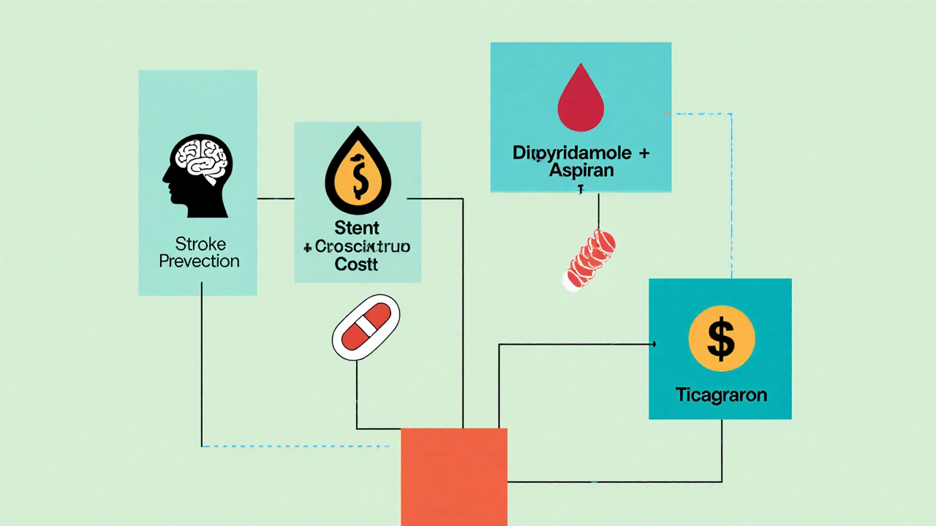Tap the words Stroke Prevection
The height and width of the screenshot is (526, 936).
(199, 252)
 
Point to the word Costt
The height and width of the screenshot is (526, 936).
(357, 264)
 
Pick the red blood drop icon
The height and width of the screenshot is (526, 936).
(581, 102)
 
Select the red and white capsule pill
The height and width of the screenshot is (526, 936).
(366, 327)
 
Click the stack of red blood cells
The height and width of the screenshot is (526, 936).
(589, 260)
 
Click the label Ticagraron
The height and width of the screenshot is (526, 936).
(720, 395)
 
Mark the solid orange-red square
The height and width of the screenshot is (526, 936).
(454, 476)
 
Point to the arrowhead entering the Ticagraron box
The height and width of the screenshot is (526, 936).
(653, 343)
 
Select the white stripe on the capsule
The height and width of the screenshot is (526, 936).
(366, 327)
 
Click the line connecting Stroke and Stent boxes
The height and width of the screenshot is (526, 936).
(275, 198)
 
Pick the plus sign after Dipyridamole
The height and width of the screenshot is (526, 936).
(643, 154)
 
